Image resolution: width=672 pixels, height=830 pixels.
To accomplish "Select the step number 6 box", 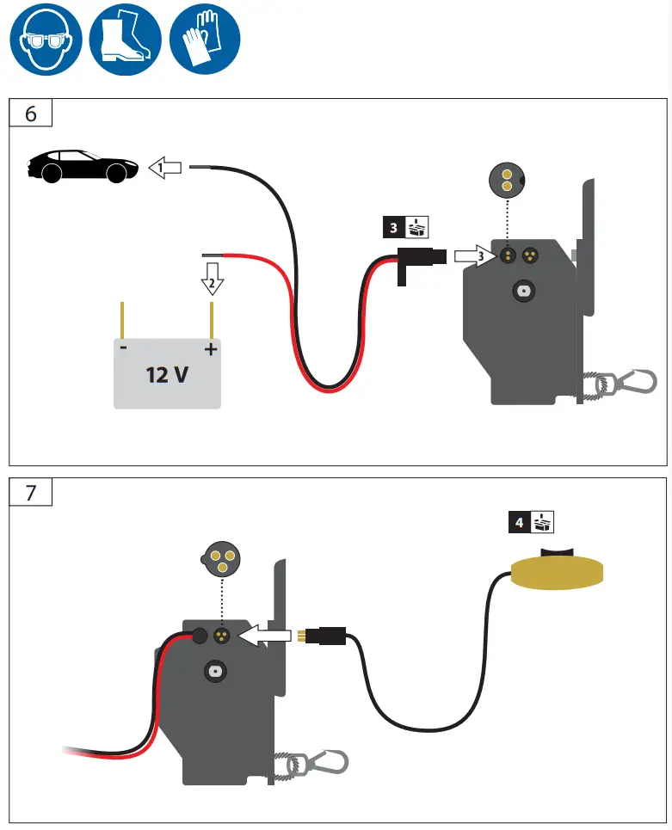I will click(x=31, y=114).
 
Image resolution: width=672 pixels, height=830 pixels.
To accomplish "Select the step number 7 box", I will click(x=31, y=492).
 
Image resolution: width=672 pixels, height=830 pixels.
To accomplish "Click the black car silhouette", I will click(x=83, y=165).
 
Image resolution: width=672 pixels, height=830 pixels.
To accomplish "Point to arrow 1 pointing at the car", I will click(x=165, y=168).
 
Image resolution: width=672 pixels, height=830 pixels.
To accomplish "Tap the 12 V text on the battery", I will click(x=168, y=375).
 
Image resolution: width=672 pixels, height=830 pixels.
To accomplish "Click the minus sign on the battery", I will click(x=125, y=349).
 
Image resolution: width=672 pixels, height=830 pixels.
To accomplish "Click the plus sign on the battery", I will click(x=209, y=349).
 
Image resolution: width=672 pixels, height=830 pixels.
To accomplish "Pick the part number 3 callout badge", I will click(x=405, y=227).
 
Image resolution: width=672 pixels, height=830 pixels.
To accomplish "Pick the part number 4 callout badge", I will click(x=531, y=521).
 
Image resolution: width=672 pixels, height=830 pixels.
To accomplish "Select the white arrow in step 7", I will click(x=268, y=636).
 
